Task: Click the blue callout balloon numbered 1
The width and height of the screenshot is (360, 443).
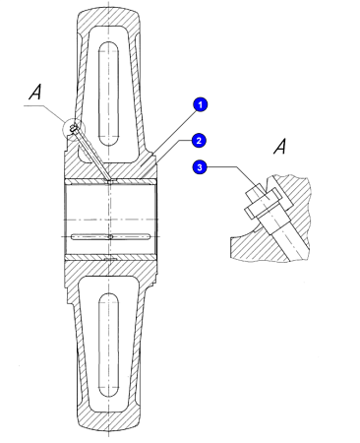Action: coord(200,105)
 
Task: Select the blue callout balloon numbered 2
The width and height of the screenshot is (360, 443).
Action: coord(199,141)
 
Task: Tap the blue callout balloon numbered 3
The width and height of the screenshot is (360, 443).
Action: coord(200,167)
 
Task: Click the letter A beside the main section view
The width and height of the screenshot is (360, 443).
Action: coord(35,92)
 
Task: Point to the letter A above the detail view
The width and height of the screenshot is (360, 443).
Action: coord(280,146)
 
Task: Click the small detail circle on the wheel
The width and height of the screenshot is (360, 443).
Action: coord(74,128)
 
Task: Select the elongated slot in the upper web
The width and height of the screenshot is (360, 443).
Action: coord(108,94)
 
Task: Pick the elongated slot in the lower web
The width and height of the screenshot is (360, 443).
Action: coord(108,345)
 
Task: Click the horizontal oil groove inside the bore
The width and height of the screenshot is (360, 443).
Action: coord(111,236)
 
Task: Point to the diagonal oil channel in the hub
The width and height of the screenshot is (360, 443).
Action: coord(92,155)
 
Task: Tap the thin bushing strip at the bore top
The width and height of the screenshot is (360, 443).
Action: coord(111,181)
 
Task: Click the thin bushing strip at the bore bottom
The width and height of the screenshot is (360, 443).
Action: coord(111,258)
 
